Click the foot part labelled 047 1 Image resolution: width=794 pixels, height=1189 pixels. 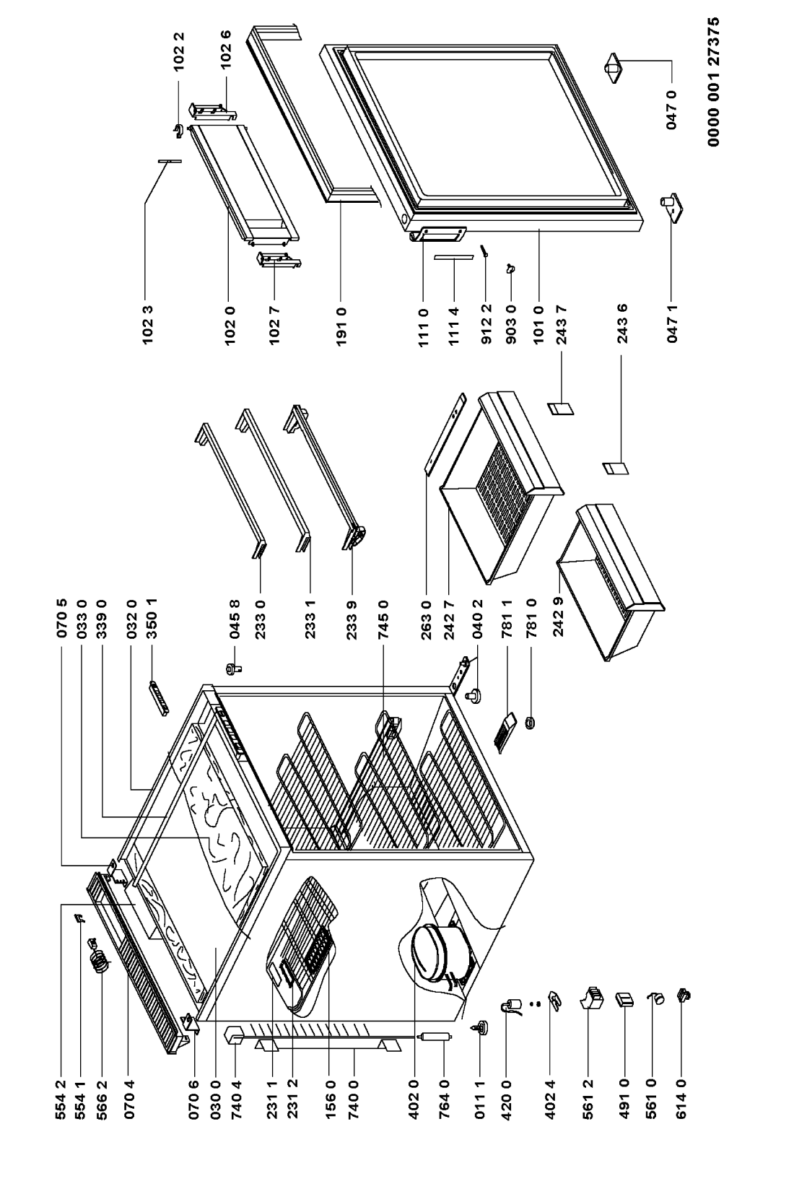pos(669,206)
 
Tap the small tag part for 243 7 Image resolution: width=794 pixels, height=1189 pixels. pos(560,409)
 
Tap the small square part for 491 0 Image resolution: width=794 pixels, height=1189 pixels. pos(624,999)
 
